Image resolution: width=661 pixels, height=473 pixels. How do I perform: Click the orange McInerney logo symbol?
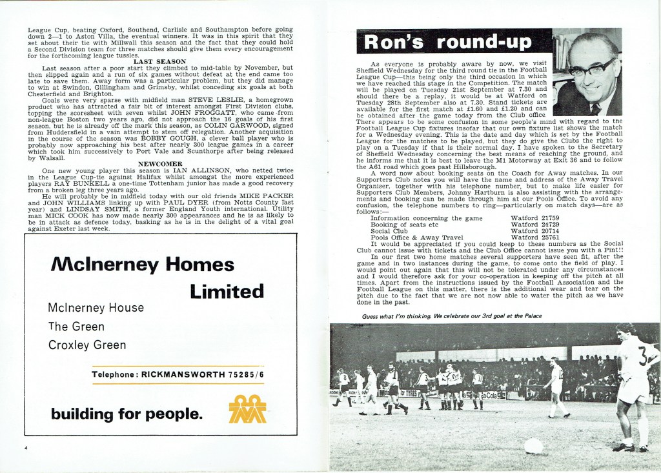[248, 409]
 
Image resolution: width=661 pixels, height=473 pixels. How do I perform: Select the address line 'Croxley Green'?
[87, 345]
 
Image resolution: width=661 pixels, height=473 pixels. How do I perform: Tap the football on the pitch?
[533, 445]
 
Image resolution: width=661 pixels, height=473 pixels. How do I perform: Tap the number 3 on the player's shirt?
[643, 355]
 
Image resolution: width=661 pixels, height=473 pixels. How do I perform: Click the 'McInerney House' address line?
[96, 308]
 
